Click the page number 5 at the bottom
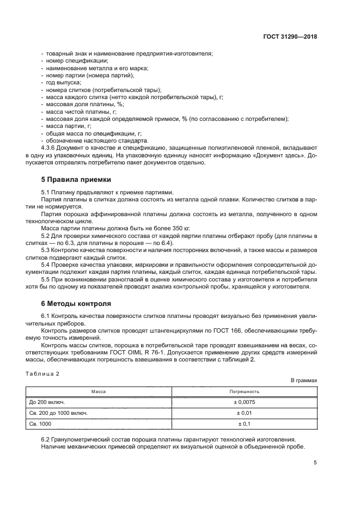tap(315, 463)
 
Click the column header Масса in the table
tap(98, 391)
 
